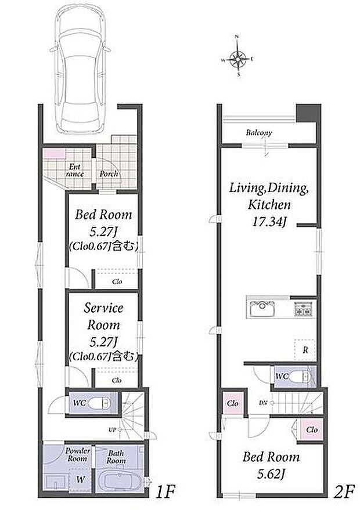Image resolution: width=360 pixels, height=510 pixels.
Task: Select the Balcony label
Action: (x=259, y=133)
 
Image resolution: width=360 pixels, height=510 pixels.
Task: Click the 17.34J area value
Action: (x=269, y=222)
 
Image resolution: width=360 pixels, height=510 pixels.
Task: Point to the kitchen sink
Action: (x=262, y=309)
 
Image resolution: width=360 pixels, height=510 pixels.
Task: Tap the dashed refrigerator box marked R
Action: (x=305, y=350)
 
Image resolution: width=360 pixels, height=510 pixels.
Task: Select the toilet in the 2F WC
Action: (x=299, y=377)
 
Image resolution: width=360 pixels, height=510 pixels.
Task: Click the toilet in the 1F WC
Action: (x=99, y=404)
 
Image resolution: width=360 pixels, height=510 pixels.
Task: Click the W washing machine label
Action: (x=81, y=479)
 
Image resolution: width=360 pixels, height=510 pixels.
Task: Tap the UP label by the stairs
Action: (x=112, y=430)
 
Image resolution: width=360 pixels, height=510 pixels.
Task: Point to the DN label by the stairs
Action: (x=263, y=403)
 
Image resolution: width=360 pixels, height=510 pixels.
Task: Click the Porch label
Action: (x=109, y=174)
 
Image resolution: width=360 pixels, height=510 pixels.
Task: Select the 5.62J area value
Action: (x=271, y=475)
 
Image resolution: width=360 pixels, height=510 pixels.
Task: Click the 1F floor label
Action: (x=165, y=492)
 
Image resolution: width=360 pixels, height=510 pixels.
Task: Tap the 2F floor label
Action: (x=344, y=492)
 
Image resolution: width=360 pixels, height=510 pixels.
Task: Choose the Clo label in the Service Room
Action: (x=117, y=380)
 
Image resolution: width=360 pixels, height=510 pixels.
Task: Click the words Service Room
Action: (x=103, y=316)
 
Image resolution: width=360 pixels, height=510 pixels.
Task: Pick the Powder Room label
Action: (x=77, y=455)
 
